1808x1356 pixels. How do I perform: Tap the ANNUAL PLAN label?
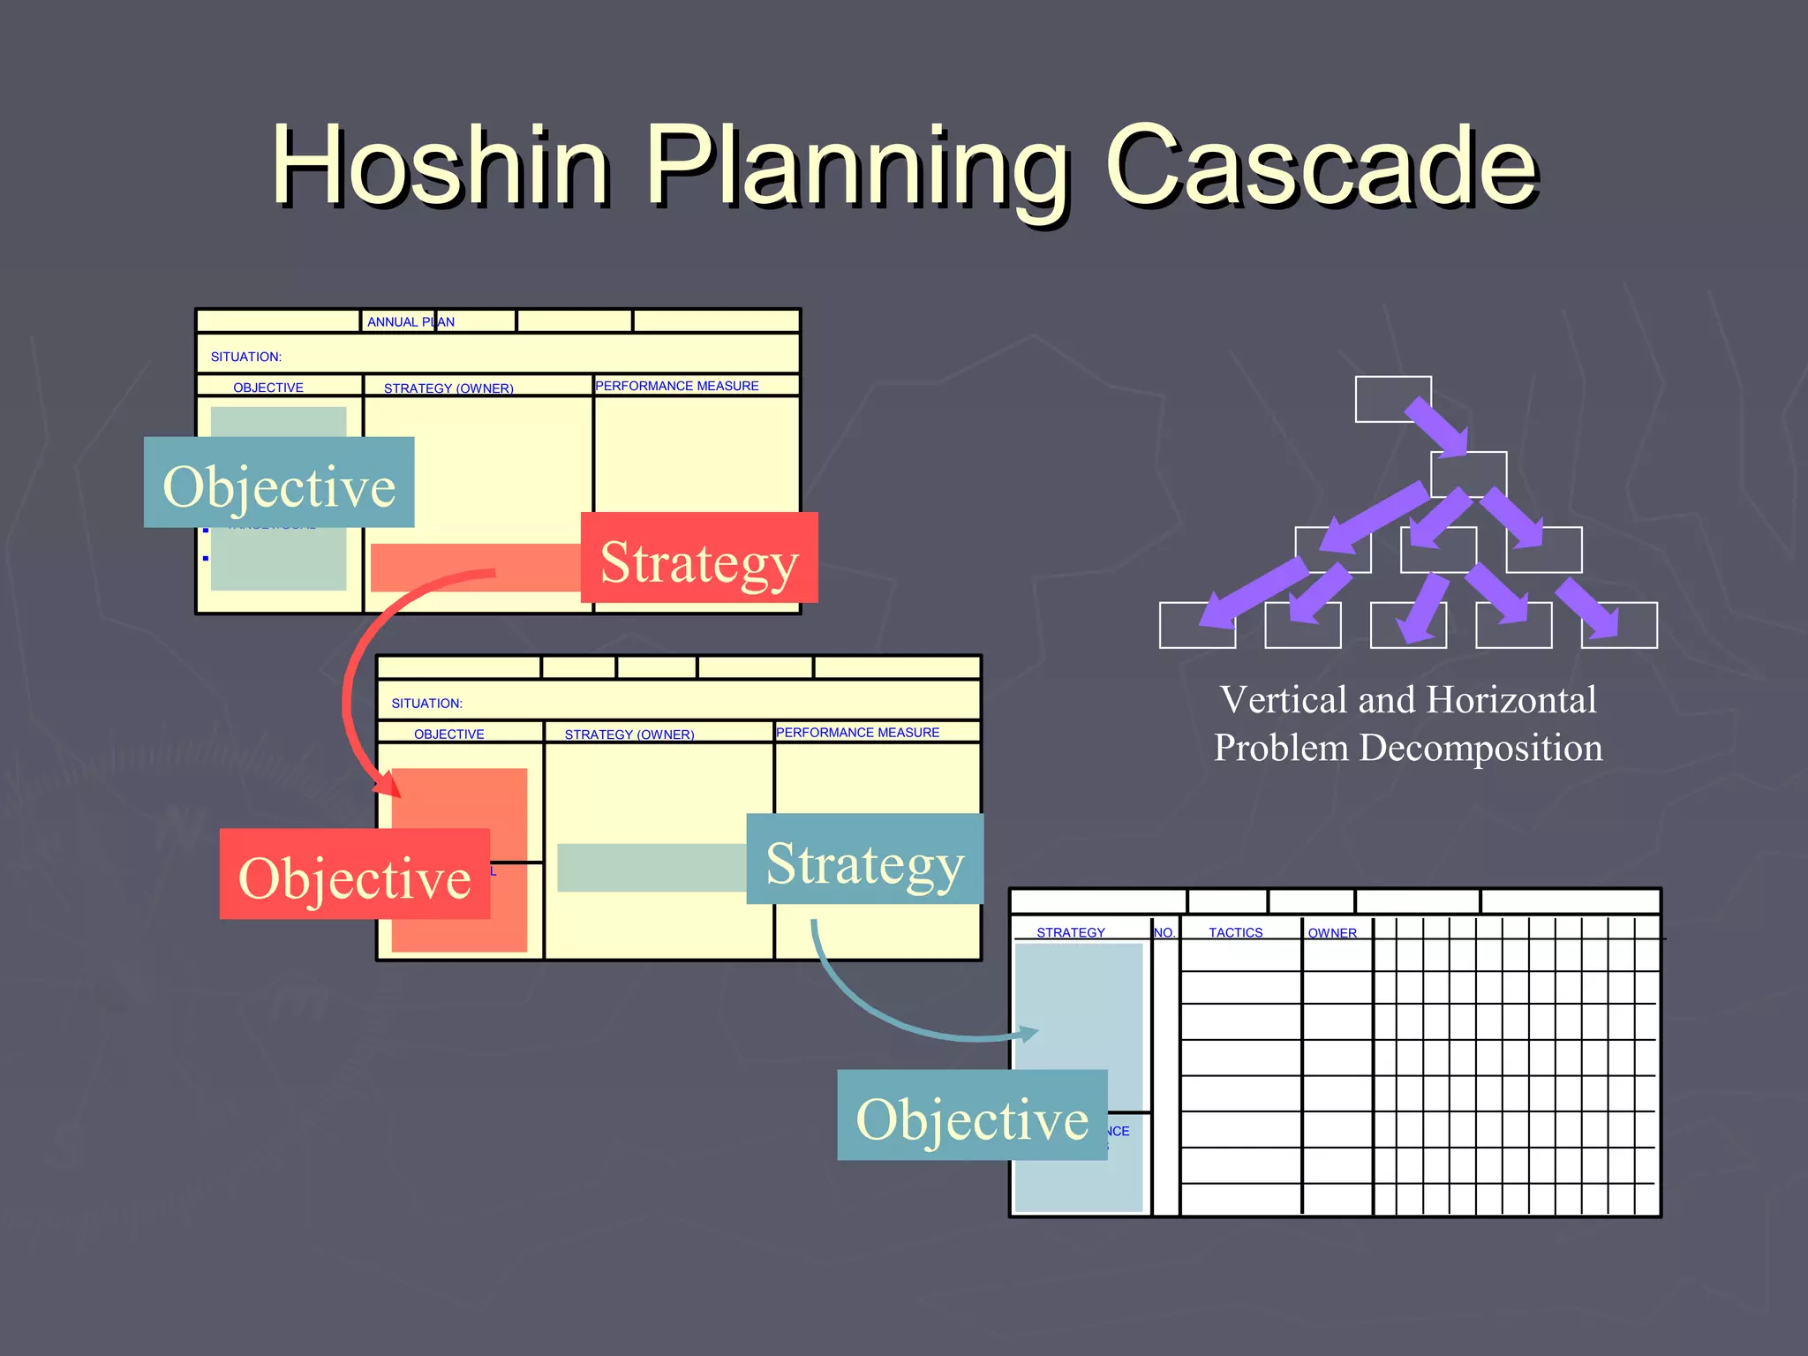click(x=411, y=322)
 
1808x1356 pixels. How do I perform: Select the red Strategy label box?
click(x=699, y=558)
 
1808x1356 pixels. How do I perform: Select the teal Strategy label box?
click(x=864, y=859)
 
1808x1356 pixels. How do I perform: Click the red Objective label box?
click(x=354, y=874)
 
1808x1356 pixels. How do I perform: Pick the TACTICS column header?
click(x=1235, y=932)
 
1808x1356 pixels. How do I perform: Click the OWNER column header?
click(x=1332, y=933)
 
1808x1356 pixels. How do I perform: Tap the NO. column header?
click(x=1164, y=932)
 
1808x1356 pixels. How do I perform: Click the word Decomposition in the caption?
click(x=1480, y=748)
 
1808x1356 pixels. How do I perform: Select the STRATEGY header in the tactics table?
click(x=1070, y=932)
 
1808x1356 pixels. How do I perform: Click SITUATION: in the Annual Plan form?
click(x=246, y=357)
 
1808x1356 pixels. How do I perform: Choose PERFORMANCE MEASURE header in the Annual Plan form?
click(x=677, y=386)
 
